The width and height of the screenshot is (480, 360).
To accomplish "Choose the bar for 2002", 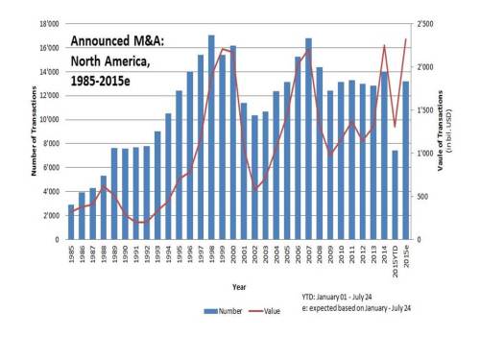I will click(254, 178).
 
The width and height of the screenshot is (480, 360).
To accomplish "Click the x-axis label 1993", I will click(157, 257).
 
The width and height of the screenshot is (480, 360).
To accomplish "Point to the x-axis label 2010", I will click(341, 257).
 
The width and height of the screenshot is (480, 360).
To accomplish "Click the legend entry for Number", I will click(223, 311).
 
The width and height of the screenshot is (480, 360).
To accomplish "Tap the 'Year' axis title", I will click(238, 284).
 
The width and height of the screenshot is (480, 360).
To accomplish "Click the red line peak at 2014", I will click(384, 45).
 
